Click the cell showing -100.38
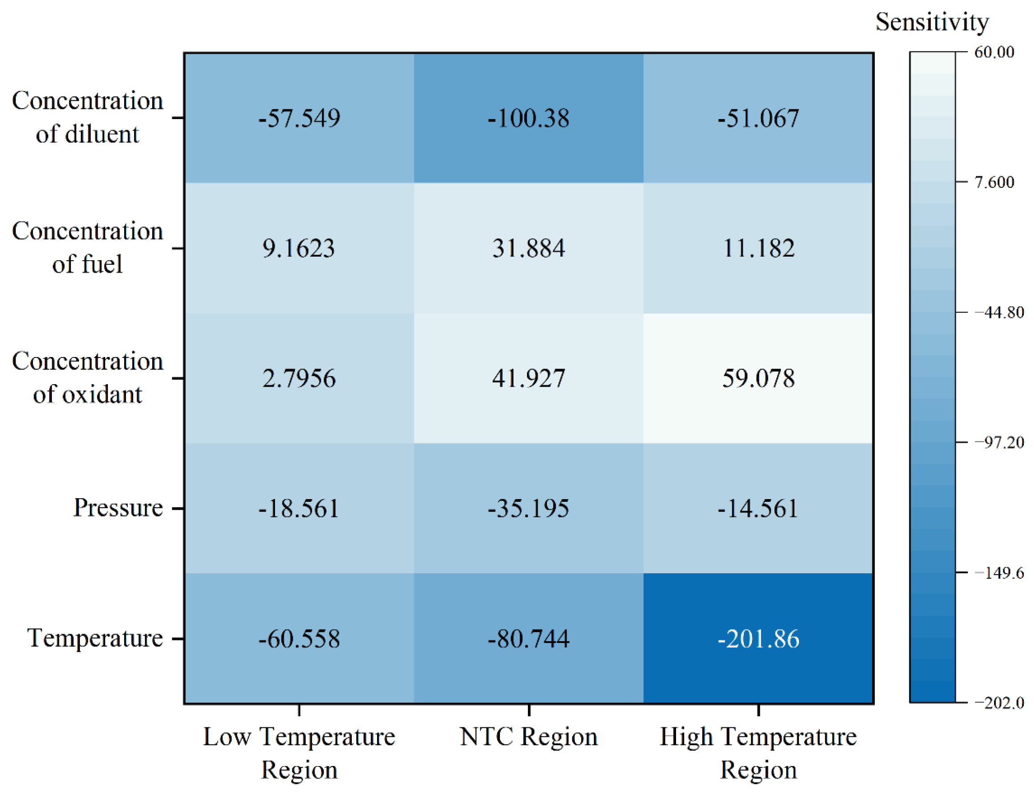tap(528, 118)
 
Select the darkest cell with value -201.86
tap(758, 638)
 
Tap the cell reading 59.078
tap(758, 378)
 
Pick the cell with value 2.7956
tap(299, 378)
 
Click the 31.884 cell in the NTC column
tap(528, 248)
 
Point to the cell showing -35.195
tap(528, 508)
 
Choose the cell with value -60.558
tap(299, 638)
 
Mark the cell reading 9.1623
tap(299, 248)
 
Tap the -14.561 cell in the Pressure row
tap(758, 508)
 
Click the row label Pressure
tap(118, 508)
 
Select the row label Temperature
tap(94, 638)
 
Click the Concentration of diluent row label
tap(87, 117)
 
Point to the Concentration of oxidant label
tap(87, 377)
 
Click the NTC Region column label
tap(528, 737)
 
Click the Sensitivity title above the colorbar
tap(932, 22)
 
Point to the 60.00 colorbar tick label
tap(994, 52)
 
